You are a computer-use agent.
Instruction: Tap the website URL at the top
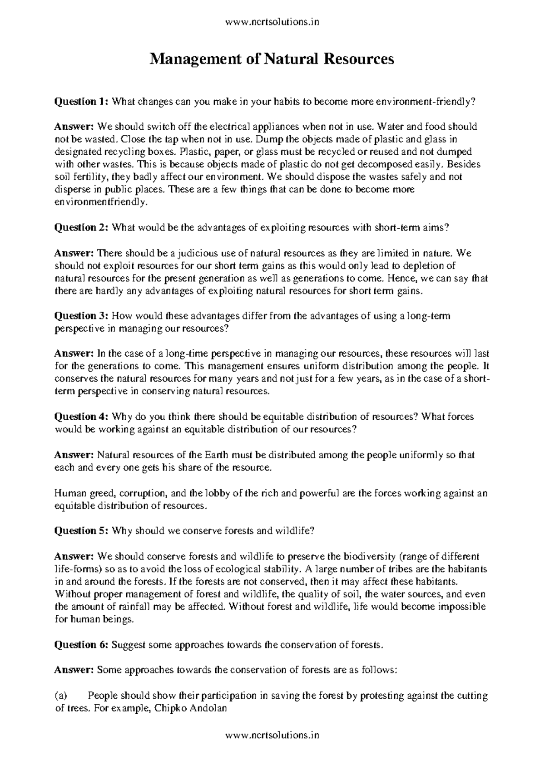tap(272, 22)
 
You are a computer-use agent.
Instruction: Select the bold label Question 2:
tap(81, 228)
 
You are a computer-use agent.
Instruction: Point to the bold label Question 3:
tap(81, 316)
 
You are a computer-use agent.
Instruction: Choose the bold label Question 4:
tap(81, 417)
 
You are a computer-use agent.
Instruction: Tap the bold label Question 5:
tap(81, 530)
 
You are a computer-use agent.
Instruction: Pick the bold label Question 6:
tap(81, 644)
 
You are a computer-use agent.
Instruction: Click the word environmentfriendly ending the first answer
tap(101, 202)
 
